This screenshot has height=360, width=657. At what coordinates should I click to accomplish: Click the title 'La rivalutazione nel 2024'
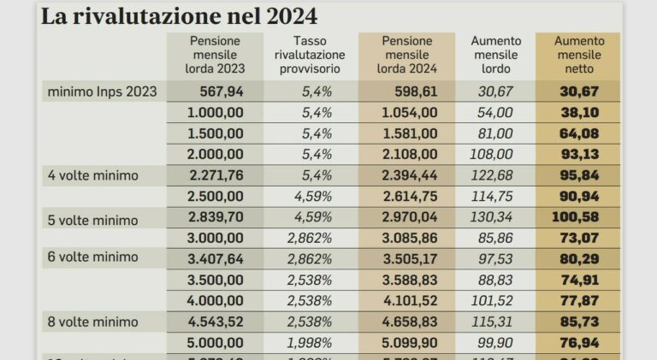tap(179, 16)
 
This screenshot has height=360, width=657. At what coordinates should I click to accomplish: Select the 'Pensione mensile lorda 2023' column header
tap(215, 55)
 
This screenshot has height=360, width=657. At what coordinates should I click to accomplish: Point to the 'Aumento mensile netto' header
tap(578, 55)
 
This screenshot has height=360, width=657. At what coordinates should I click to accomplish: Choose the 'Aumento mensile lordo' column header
tap(494, 55)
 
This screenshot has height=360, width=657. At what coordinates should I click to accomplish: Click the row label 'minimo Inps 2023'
tap(102, 91)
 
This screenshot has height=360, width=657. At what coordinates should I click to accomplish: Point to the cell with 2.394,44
tap(408, 175)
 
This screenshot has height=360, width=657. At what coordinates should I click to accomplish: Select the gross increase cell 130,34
tap(491, 217)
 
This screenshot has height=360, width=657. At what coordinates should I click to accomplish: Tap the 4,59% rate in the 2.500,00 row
tap(311, 196)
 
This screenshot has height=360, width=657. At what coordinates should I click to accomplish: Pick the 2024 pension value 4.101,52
tap(408, 301)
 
